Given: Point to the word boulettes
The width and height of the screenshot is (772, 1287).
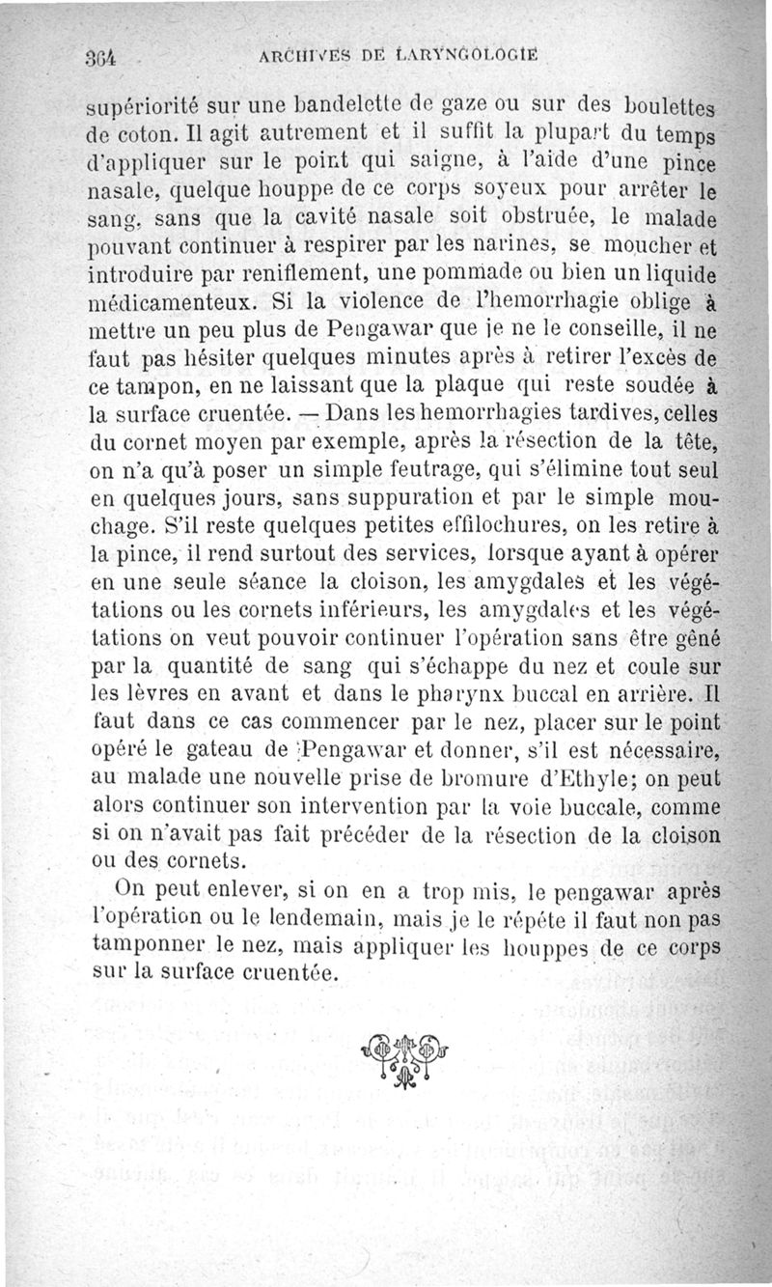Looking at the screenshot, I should [x=672, y=104].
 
